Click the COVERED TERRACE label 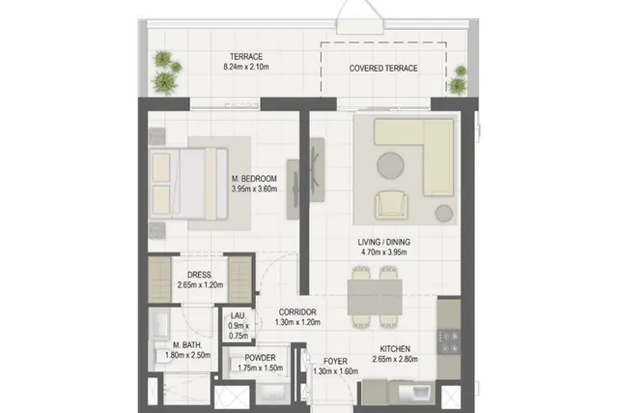pyautogui.click(x=383, y=69)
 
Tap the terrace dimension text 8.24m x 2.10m pyautogui.click(x=246, y=67)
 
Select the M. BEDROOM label pyautogui.click(x=254, y=179)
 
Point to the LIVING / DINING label pyautogui.click(x=384, y=242)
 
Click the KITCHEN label pyautogui.click(x=395, y=349)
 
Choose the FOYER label pyautogui.click(x=335, y=362)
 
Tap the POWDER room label pyautogui.click(x=260, y=358)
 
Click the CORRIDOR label pyautogui.click(x=297, y=312)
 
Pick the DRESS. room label pyautogui.click(x=200, y=275)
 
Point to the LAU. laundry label pyautogui.click(x=239, y=316)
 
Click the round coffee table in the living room pyautogui.click(x=390, y=165)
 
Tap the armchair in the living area pyautogui.click(x=391, y=204)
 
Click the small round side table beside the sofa pyautogui.click(x=444, y=213)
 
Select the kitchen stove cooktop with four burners pyautogui.click(x=449, y=342)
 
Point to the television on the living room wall pyautogui.click(x=316, y=169)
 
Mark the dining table pyautogui.click(x=375, y=297)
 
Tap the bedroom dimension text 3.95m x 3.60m pyautogui.click(x=254, y=189)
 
